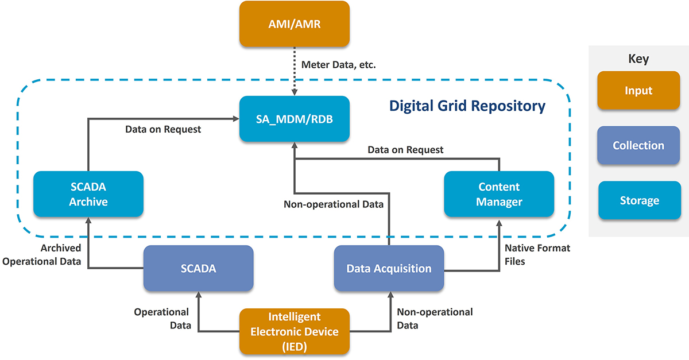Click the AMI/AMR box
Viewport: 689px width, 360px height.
coord(294,24)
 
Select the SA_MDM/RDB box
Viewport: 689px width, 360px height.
coord(294,119)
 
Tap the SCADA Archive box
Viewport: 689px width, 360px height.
coord(88,194)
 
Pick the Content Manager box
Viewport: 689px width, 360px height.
coord(499,194)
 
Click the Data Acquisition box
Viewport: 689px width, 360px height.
coord(389,268)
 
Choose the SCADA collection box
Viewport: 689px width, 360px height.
coord(198,268)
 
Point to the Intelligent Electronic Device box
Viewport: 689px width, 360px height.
coord(294,332)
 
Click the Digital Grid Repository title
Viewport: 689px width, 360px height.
coord(467,106)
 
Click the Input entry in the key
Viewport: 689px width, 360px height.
coord(638,91)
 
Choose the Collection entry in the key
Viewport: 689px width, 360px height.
coord(638,146)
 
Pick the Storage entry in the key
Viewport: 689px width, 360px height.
coord(638,201)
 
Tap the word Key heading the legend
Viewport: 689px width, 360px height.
coord(638,59)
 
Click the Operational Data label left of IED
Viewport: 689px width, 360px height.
coord(161,319)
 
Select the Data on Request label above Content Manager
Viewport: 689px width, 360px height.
coord(405,150)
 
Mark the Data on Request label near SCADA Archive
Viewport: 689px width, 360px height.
coord(163,129)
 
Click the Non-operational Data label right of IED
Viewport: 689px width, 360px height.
coord(435,319)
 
